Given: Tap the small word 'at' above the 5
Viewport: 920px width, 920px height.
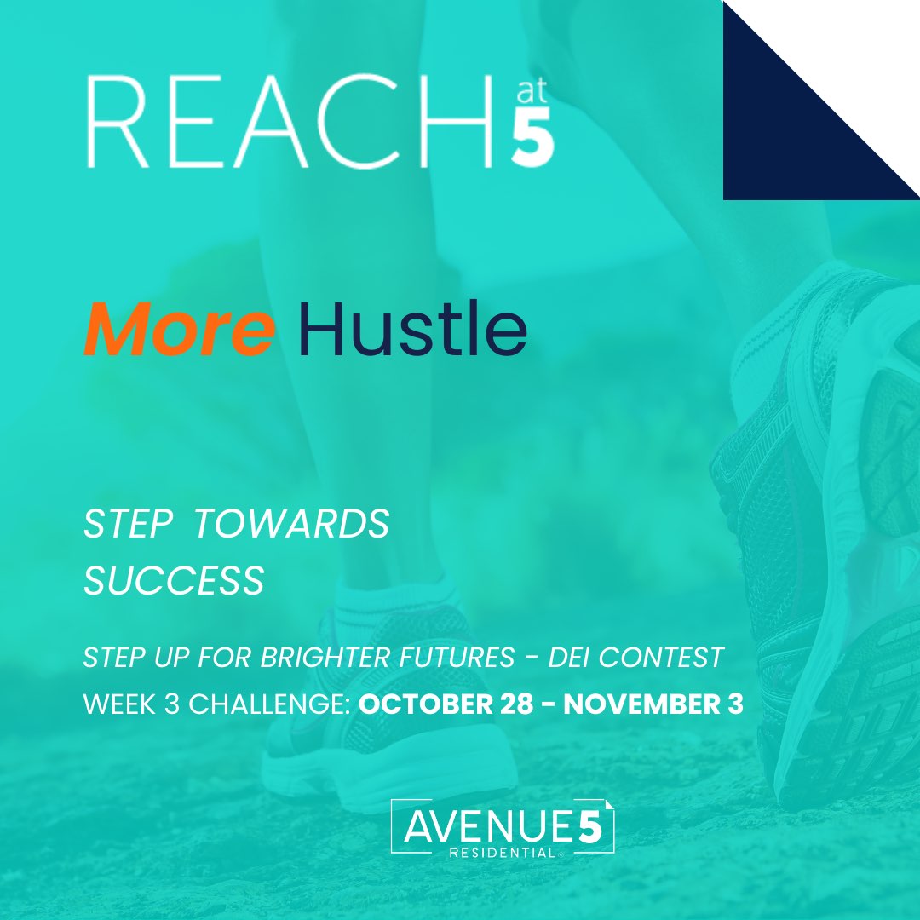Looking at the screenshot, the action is pos(532,90).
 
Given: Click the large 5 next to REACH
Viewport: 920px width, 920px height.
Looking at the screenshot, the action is pos(532,136).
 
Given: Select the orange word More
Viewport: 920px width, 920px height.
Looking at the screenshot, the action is pos(179,329).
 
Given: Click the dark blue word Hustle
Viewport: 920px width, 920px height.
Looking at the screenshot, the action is pos(412,329).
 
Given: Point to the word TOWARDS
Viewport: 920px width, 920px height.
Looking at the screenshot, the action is pos(291,523).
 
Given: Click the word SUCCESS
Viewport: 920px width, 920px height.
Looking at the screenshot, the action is pos(175,581).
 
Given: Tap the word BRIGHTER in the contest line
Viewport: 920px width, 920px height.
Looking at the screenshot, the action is pos(325,657).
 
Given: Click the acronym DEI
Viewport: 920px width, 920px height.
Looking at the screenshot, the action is pos(568,657).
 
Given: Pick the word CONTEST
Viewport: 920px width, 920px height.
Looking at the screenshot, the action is pos(661,657).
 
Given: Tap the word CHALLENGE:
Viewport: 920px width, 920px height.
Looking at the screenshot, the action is pos(269,704).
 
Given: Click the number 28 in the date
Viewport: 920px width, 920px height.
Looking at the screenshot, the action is pos(517,704).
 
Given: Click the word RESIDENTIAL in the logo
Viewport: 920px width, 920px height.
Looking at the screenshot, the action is pos(503,853).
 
